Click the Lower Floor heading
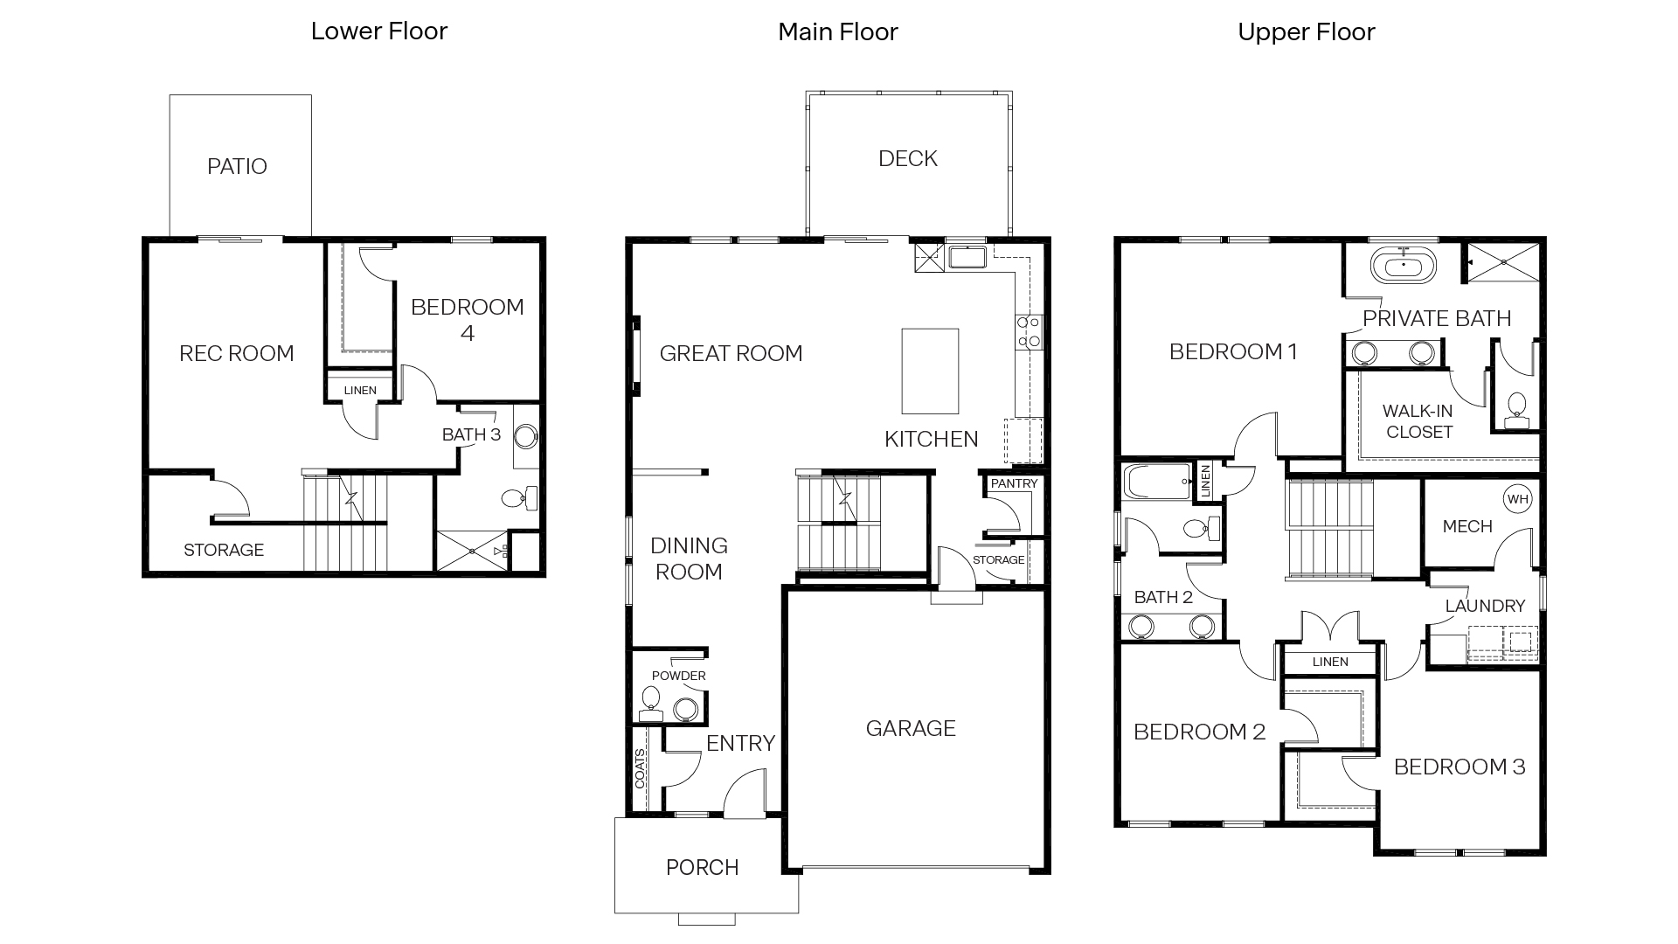pos(379,31)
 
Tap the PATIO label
pos(237,166)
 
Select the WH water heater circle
pos(1518,499)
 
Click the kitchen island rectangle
pos(930,371)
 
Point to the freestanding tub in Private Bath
pos(1404,266)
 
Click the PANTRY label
pos(1014,483)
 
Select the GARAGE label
pos(911,728)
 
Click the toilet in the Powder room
pos(650,702)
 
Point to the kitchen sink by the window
pos(967,258)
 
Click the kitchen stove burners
pos(1028,331)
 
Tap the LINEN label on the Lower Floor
pos(360,391)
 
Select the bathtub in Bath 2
pos(1156,482)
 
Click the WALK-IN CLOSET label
pos(1418,421)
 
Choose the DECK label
pos(907,158)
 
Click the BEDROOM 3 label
pos(1459,767)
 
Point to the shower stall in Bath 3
pos(471,552)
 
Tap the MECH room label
pos(1467,526)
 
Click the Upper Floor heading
pos(1306,32)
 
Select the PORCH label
pos(702,867)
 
